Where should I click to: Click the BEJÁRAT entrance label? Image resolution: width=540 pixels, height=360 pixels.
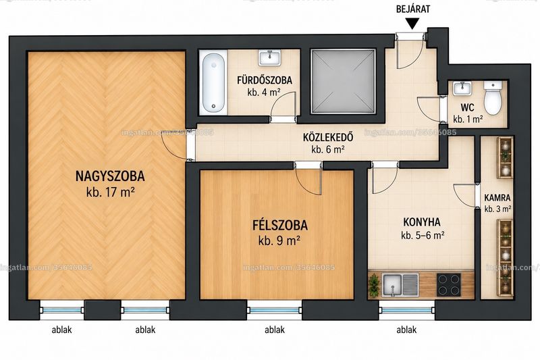pyautogui.click(x=413, y=9)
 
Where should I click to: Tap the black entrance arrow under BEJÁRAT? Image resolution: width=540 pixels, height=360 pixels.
pyautogui.click(x=412, y=24)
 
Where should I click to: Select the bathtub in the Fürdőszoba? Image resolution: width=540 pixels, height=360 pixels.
pyautogui.click(x=213, y=82)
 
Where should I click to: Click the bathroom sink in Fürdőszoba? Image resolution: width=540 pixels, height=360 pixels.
pyautogui.click(x=269, y=57)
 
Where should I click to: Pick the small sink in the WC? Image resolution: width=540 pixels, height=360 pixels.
pyautogui.click(x=462, y=88)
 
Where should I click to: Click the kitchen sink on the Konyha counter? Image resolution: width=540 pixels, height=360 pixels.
pyautogui.click(x=400, y=284)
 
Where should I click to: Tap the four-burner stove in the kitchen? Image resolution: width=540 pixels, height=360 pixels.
pyautogui.click(x=449, y=284)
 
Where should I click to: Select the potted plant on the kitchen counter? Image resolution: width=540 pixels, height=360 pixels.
pyautogui.click(x=374, y=285)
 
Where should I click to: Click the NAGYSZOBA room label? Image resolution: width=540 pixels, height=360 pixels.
pyautogui.click(x=110, y=176)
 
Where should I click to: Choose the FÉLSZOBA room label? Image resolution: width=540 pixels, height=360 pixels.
pyautogui.click(x=280, y=226)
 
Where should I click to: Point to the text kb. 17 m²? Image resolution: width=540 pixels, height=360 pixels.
pyautogui.click(x=110, y=192)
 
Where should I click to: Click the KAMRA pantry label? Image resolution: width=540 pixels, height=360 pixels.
pyautogui.click(x=497, y=198)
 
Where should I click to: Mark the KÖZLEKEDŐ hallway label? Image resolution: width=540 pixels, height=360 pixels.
pyautogui.click(x=328, y=137)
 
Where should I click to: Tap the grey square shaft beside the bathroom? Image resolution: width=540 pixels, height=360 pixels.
pyautogui.click(x=343, y=81)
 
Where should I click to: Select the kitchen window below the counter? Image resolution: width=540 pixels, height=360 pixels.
pyautogui.click(x=407, y=310)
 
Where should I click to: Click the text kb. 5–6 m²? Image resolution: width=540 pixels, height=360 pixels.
pyautogui.click(x=423, y=236)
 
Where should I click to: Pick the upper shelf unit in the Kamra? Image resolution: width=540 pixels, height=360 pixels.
pyautogui.click(x=505, y=157)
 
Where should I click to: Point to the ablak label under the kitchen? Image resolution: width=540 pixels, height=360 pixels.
pyautogui.click(x=406, y=330)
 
